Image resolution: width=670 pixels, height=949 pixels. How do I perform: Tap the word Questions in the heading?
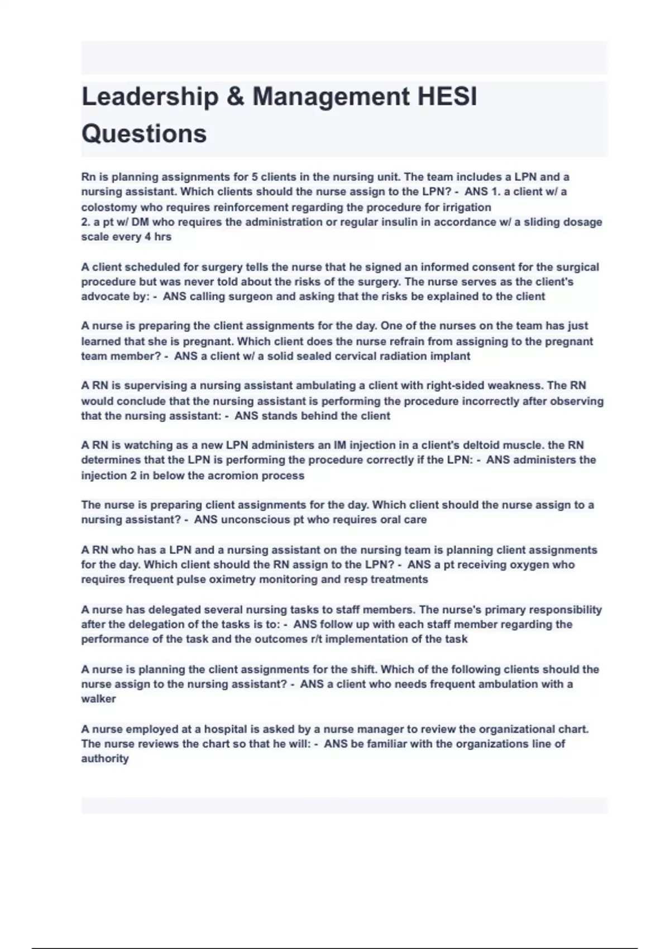coord(144,133)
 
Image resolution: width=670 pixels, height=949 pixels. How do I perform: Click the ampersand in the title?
coord(235,97)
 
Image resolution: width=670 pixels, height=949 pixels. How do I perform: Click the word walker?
coord(99,699)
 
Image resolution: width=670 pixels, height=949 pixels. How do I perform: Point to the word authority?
coord(105,759)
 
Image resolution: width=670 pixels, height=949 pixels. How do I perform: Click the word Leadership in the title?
coord(150,97)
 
